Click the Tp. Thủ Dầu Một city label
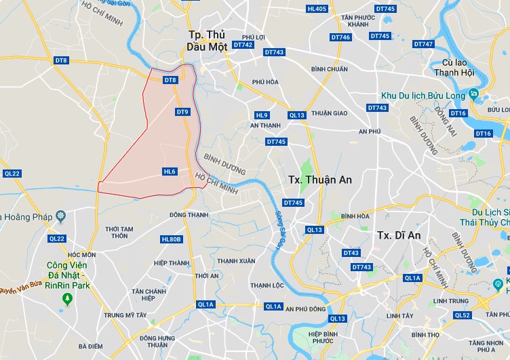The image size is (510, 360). pos(206,40)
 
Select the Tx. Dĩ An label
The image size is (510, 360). pos(398,235)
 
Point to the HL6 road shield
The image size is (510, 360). pos(170,172)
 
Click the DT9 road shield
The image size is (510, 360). pos(182,112)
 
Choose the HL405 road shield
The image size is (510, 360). pos(317,9)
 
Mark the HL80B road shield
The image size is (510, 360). pos(172,239)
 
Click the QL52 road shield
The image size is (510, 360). pos(463,315)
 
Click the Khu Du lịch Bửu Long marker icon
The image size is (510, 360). pos(473,94)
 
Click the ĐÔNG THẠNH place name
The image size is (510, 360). pos(189,215)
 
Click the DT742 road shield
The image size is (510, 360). pos(242,45)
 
